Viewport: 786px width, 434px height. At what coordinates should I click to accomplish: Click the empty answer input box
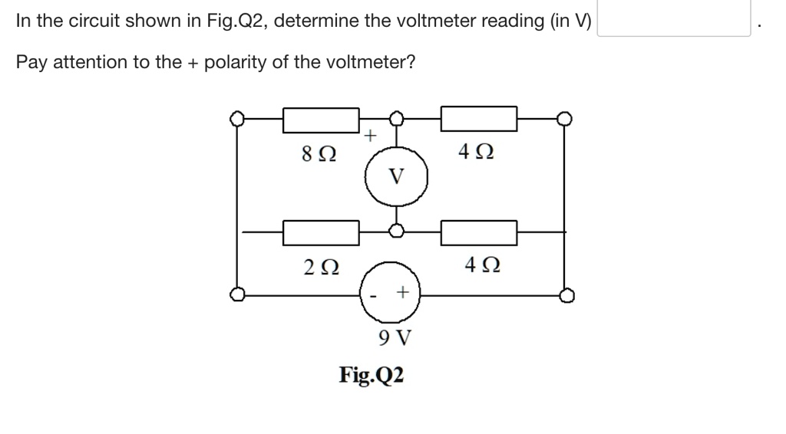pos(673,19)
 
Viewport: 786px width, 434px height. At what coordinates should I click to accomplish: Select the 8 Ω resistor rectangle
pos(321,120)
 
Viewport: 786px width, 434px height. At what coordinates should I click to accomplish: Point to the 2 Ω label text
pos(319,268)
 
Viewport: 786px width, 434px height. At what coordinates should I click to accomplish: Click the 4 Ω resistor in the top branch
pos(478,120)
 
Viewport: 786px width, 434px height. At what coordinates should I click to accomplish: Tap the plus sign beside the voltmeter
pos(370,136)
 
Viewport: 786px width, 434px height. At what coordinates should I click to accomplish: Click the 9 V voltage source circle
pos(391,294)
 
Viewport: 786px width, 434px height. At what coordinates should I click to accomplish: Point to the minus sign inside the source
pos(375,295)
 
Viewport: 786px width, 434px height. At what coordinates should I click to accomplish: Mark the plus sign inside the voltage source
pos(402,293)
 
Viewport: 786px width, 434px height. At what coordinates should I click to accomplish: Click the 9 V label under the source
pos(396,337)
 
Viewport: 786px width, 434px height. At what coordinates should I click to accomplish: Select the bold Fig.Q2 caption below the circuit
pos(372,376)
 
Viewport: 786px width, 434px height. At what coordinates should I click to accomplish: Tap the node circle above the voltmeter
pos(396,119)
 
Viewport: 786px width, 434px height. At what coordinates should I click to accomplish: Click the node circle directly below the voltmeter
pos(396,231)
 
